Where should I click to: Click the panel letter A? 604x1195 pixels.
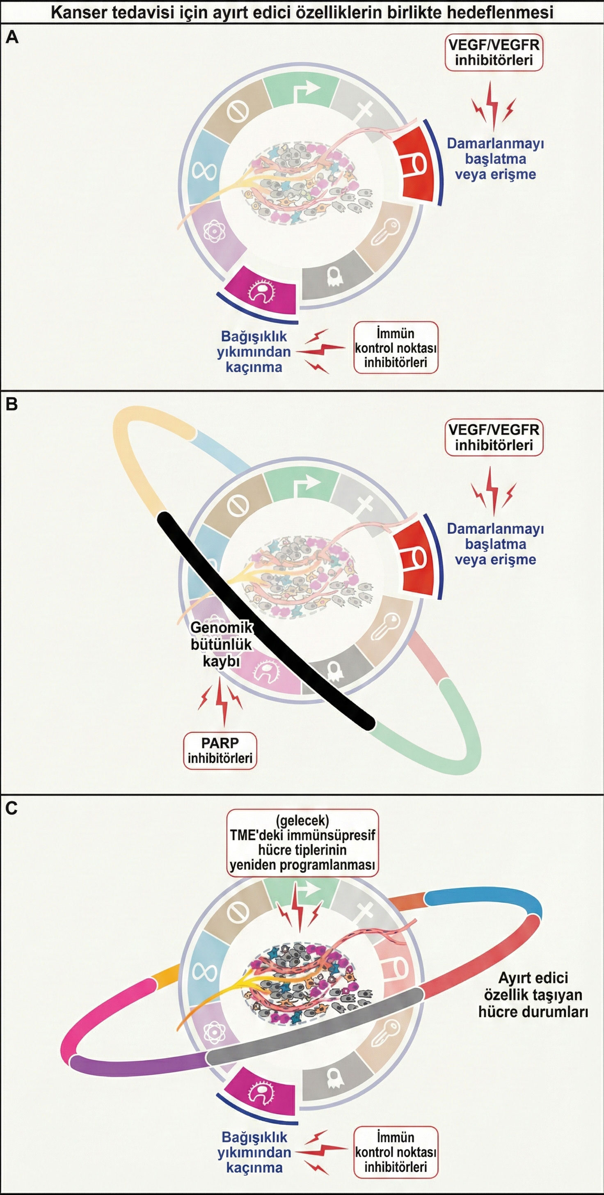tap(12, 37)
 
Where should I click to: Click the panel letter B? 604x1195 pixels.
tap(11, 404)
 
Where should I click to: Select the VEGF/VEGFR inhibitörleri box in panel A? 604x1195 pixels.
tap(494, 53)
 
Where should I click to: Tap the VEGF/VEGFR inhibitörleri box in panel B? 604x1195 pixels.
tap(494, 437)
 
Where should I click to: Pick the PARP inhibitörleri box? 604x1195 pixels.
tap(220, 751)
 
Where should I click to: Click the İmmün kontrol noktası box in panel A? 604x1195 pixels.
tap(396, 348)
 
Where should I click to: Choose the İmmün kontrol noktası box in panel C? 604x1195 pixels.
tap(396, 1152)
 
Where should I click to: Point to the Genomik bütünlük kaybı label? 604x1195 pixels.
tap(221, 644)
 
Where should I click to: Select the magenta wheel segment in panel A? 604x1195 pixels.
tap(262, 291)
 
